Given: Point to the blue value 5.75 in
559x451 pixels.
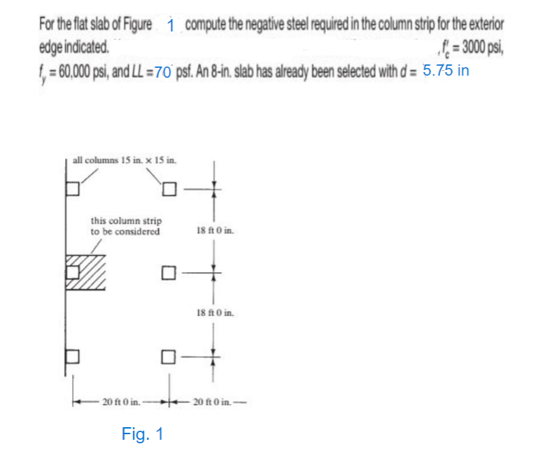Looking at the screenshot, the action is click(446, 71).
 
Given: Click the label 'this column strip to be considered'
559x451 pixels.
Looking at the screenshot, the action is click(126, 226).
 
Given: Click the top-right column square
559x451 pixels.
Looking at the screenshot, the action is click(169, 190).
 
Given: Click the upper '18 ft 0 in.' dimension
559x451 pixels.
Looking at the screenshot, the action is click(217, 230).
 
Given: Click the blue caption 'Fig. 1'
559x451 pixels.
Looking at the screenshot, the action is click(143, 433).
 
